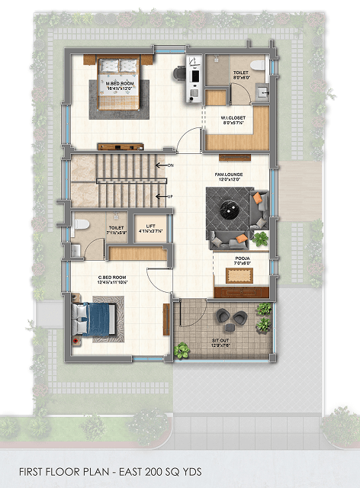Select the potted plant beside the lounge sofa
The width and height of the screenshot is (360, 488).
[x=262, y=239]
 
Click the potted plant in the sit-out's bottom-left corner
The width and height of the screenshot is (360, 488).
[x=183, y=350]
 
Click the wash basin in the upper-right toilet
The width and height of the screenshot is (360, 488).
[x=262, y=92]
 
